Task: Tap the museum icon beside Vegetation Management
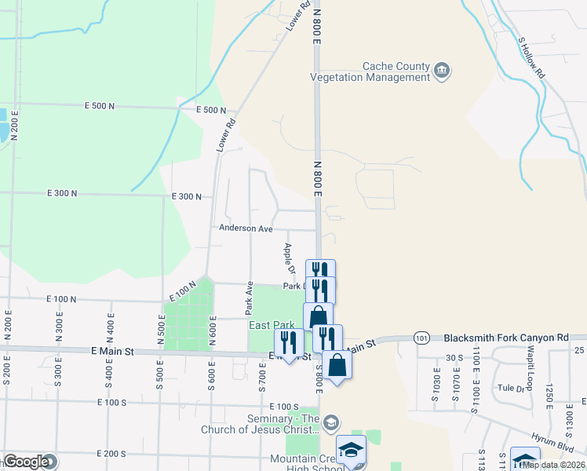point(442,71)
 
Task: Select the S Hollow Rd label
point(531,57)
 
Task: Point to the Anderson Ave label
point(245,228)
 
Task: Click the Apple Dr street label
point(288,258)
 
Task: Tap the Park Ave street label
point(249,294)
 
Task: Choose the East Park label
point(272,325)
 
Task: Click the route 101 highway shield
point(422,338)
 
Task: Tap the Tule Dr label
point(510,388)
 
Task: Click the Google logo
point(26,462)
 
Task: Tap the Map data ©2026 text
point(553,465)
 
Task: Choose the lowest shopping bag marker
point(337,365)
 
